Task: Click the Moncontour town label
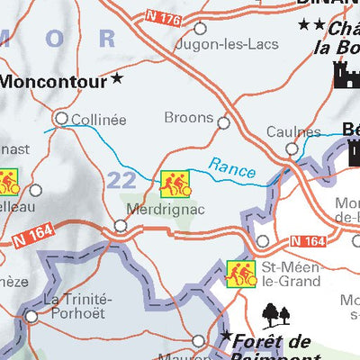[54, 80]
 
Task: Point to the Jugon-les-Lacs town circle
[201, 29]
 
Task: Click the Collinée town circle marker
[61, 117]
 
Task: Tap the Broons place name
[189, 118]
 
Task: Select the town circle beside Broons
[223, 123]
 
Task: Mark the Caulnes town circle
[290, 148]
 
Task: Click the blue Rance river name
[232, 167]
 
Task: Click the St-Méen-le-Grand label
[290, 274]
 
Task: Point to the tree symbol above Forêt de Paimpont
[277, 314]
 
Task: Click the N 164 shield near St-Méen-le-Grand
[309, 241]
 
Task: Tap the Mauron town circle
[200, 340]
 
